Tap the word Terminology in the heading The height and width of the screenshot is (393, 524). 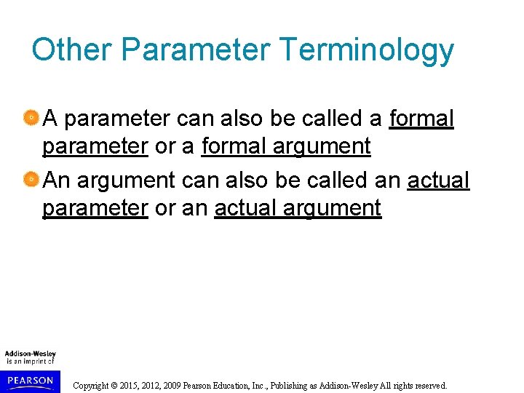point(367,50)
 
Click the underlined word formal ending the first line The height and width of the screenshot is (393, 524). point(421,118)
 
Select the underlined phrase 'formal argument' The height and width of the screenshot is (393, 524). point(286,146)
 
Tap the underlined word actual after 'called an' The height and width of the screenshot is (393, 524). point(438,180)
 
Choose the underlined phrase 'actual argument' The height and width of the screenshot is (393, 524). point(298,208)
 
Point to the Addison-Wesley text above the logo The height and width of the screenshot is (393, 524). point(31,354)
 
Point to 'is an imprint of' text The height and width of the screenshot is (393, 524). point(31,361)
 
